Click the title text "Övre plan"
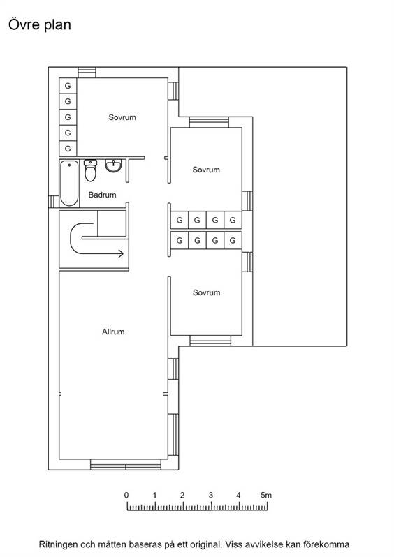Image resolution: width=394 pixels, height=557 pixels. point(40,25)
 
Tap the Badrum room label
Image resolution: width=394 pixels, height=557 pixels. point(103,195)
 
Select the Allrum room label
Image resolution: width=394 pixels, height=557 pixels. point(113,332)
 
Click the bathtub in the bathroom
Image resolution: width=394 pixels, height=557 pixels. point(69,184)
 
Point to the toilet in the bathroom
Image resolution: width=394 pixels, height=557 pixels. point(90,170)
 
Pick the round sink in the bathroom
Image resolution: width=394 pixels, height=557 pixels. point(113,166)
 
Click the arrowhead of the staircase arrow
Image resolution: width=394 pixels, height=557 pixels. point(121,253)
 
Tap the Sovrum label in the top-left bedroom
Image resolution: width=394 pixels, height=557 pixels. point(122,117)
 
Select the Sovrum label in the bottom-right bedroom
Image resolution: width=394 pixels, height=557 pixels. point(206,292)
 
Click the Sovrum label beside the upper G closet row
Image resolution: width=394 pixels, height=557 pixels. point(206,170)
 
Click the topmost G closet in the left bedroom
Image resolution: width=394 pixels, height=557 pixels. point(68,86)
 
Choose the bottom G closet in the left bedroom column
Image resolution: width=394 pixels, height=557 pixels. point(68,148)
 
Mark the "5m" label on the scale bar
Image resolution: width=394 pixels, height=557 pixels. point(266,495)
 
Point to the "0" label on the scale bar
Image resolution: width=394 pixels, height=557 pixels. point(126,495)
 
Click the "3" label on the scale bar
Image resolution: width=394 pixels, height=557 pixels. point(210,495)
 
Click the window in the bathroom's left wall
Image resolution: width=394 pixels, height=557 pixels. point(54,202)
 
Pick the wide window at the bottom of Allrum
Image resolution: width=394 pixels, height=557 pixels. point(126,465)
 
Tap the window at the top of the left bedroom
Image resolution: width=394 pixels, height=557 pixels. point(87,73)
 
